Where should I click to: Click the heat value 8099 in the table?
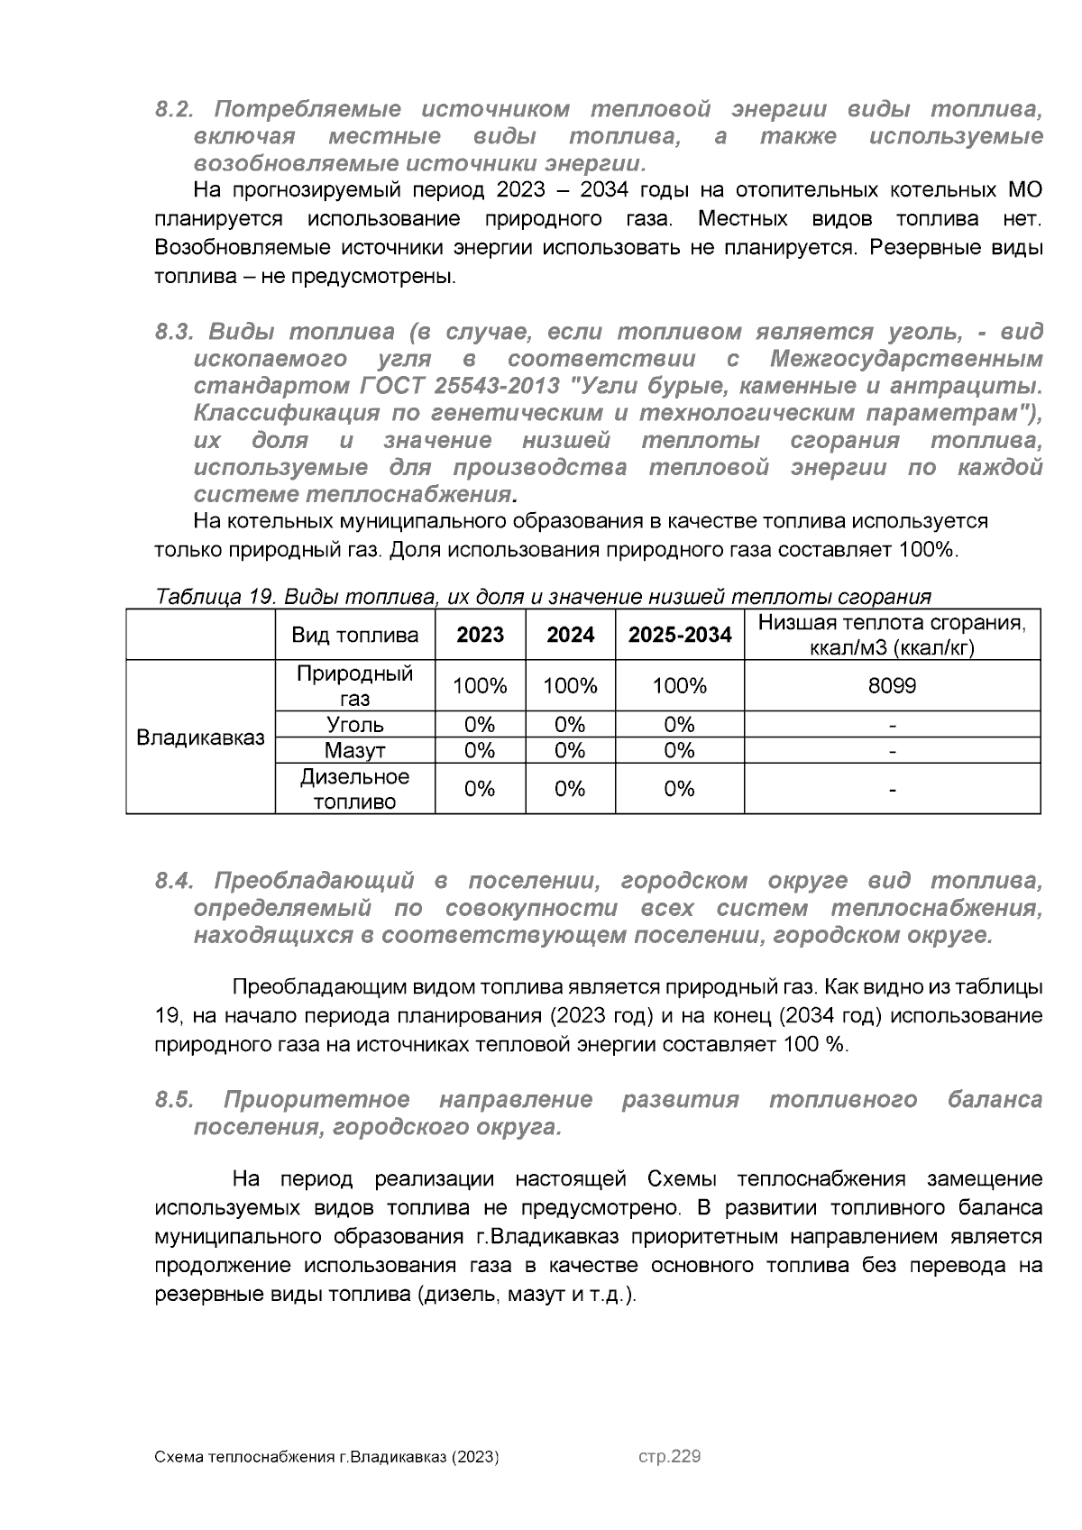pyautogui.click(x=892, y=686)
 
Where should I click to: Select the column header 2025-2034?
pyautogui.click(x=679, y=635)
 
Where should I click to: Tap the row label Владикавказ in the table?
pyautogui.click(x=200, y=737)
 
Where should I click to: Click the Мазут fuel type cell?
pyautogui.click(x=354, y=750)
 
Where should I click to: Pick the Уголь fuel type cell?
pyautogui.click(x=354, y=725)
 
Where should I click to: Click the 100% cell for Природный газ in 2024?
pyautogui.click(x=570, y=686)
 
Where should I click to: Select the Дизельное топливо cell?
pyautogui.click(x=354, y=789)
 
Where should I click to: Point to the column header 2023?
pyautogui.click(x=480, y=635)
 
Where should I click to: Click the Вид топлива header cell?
pyautogui.click(x=354, y=635)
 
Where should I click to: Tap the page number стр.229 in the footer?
pyautogui.click(x=669, y=1457)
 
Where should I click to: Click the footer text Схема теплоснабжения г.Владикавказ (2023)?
pyautogui.click(x=326, y=1458)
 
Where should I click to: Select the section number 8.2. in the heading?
pyautogui.click(x=175, y=110)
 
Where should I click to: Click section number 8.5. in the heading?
pyautogui.click(x=175, y=1100)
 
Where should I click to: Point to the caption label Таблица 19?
pyautogui.click(x=215, y=597)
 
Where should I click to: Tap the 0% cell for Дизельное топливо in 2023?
pyautogui.click(x=480, y=789)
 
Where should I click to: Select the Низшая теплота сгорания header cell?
pyautogui.click(x=892, y=635)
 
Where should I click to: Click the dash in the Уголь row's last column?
pyautogui.click(x=892, y=725)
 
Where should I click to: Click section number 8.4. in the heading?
pyautogui.click(x=175, y=881)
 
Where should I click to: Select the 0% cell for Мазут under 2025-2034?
pyautogui.click(x=679, y=750)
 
